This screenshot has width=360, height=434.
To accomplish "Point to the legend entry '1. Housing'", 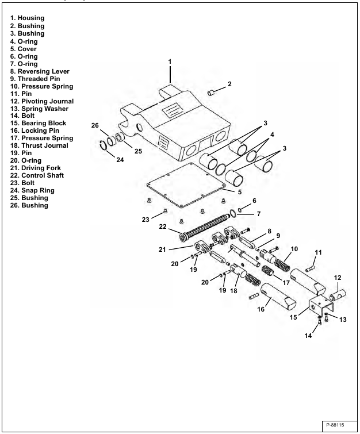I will pos(27,18).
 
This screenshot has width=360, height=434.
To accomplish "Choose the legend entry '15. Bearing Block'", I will pos(39,123).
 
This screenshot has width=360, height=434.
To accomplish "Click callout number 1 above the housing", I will pos(170,61).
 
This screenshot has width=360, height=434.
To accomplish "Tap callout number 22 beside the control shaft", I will pos(163,227).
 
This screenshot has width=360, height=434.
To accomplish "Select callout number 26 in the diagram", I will pos(95,125).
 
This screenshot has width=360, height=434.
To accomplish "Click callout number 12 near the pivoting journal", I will pos(338,278).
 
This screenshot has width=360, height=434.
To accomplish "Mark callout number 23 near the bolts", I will pos(146,219).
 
